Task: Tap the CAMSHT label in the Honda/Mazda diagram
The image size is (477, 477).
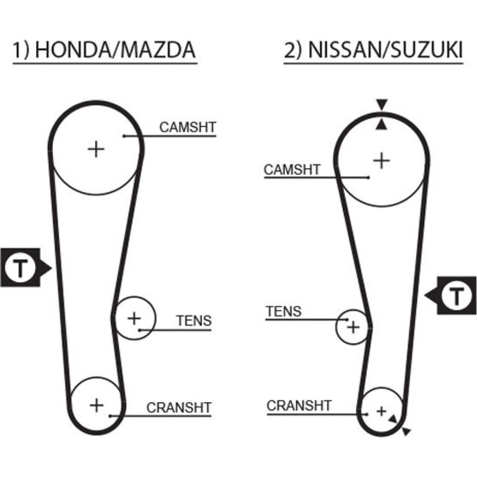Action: [x=187, y=127]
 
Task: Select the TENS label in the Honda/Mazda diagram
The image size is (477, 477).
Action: [x=194, y=321]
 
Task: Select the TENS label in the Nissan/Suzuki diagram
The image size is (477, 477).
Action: [x=283, y=311]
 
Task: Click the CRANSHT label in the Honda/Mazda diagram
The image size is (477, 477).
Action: [x=178, y=408]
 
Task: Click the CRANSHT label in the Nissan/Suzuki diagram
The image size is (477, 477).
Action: [x=299, y=406]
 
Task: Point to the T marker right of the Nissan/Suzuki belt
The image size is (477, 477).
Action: [x=456, y=297]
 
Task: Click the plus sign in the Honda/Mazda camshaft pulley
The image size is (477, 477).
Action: [x=96, y=149]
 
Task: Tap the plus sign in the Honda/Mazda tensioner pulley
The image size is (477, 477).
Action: [x=135, y=317]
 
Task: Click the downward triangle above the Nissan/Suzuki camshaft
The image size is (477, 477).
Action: [x=382, y=104]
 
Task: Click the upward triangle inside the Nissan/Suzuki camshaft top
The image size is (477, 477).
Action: [x=382, y=125]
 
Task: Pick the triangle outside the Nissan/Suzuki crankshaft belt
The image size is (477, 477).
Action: [x=406, y=432]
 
